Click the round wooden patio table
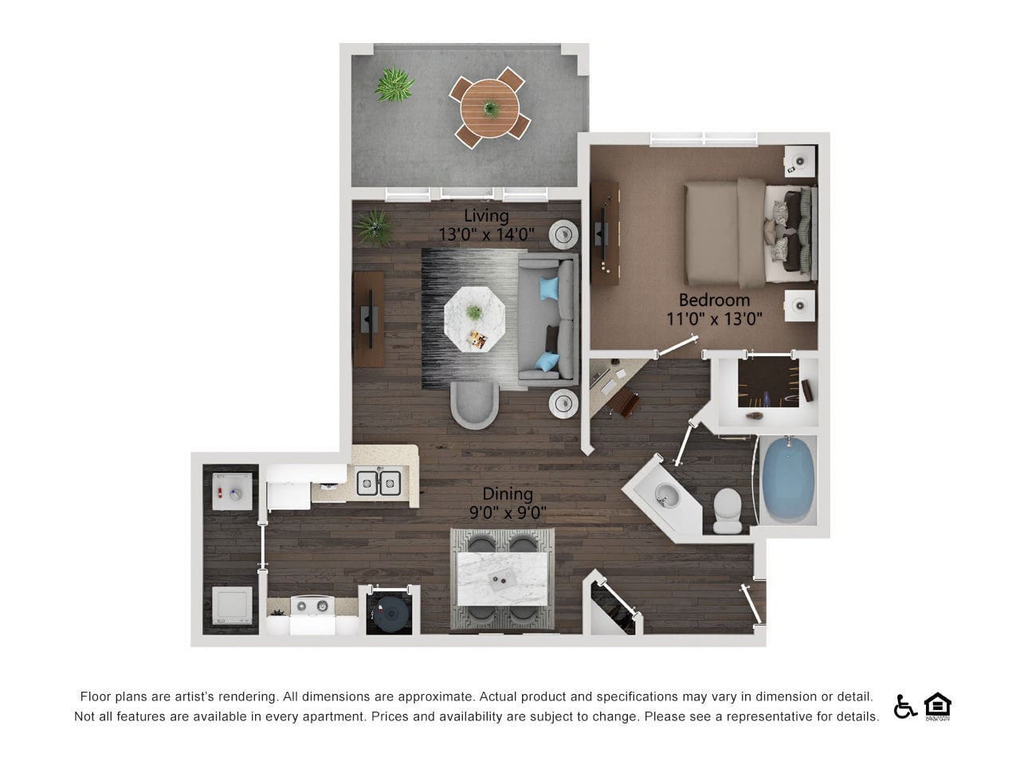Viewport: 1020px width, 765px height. [489, 107]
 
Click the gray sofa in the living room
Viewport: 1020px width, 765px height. [548, 317]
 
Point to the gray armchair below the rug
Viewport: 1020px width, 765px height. [474, 404]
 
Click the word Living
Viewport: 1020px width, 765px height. [486, 216]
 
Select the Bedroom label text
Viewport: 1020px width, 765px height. [714, 300]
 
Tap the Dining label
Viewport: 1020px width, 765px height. [507, 495]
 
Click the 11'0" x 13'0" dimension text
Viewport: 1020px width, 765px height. [715, 320]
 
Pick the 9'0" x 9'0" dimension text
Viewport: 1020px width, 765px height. [508, 513]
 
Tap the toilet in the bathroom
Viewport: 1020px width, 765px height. [728, 511]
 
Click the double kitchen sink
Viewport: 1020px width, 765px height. [378, 482]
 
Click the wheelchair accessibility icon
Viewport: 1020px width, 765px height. [904, 705]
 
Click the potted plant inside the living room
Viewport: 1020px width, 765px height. [373, 226]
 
